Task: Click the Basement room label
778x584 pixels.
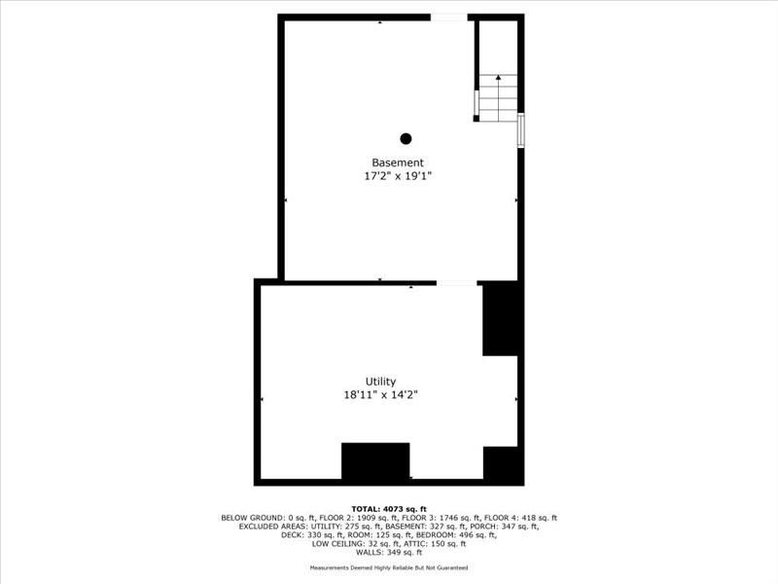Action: (x=398, y=163)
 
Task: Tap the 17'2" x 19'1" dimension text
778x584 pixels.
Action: (x=398, y=176)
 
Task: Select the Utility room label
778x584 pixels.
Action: (x=380, y=382)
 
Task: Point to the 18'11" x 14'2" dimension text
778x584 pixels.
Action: (x=380, y=395)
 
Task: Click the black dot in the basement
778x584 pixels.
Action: (x=406, y=138)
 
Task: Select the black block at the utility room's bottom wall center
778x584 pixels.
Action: (x=375, y=460)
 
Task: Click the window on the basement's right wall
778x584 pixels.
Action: (x=521, y=129)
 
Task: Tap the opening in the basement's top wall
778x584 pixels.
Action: (x=447, y=18)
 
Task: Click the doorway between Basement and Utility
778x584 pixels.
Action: (x=456, y=283)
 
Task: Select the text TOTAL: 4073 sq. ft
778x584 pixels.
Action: (x=389, y=509)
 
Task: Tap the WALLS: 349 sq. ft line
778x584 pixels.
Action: (x=389, y=552)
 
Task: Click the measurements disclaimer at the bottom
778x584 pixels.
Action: (x=389, y=567)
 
